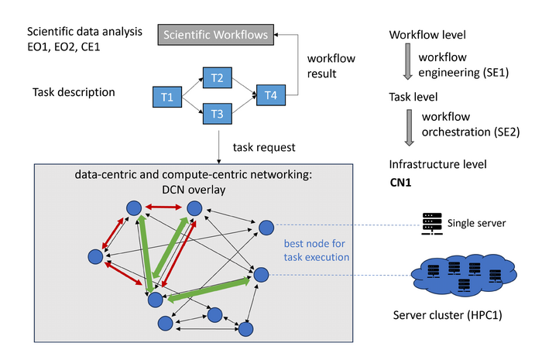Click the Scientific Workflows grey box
click(x=214, y=35)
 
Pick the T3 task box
click(x=216, y=115)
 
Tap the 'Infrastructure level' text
click(x=437, y=165)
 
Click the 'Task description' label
click(x=74, y=92)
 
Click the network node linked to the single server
click(x=266, y=227)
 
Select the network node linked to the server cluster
click(x=261, y=273)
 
